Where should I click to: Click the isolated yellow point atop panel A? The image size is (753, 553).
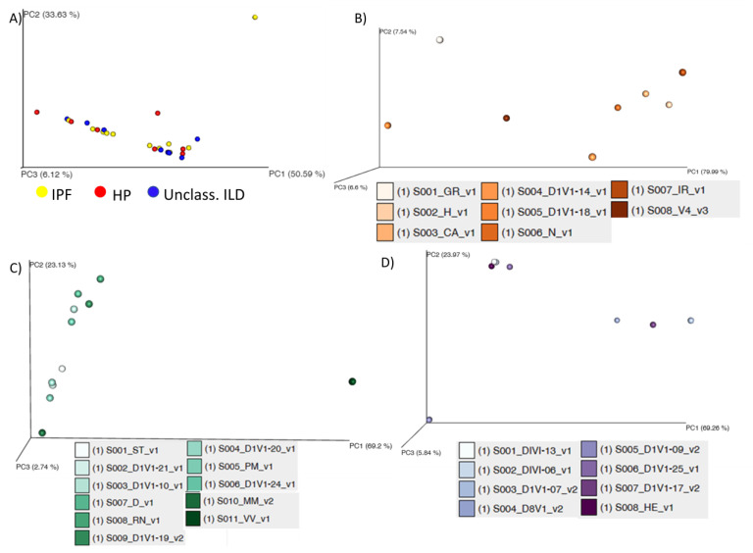(255, 17)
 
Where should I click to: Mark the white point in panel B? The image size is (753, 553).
(440, 39)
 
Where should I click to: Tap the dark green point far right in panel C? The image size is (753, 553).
(352, 381)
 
